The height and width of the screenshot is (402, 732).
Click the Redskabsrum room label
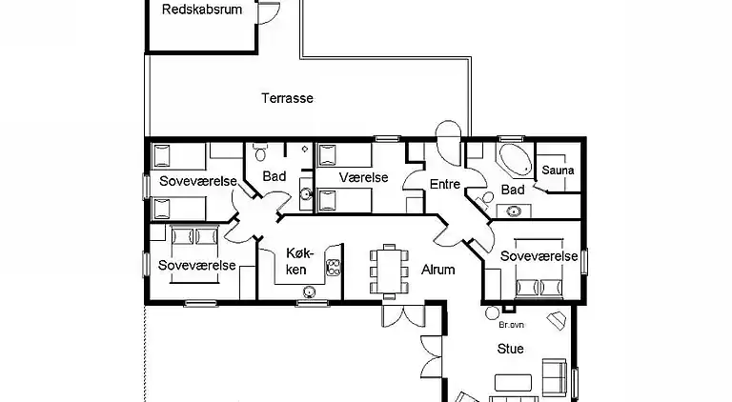click(201, 10)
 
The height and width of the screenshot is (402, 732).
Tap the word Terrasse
click(287, 97)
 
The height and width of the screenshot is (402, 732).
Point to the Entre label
click(445, 185)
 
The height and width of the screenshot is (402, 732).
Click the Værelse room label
click(360, 177)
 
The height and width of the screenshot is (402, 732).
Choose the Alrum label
click(438, 270)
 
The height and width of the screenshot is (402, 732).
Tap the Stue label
click(510, 349)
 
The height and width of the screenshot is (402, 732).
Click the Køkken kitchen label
click(295, 260)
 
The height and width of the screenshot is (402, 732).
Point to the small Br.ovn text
click(498, 324)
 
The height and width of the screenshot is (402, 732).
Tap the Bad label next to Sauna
click(512, 191)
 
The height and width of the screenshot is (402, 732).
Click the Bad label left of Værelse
click(274, 176)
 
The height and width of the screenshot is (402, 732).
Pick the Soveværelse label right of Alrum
click(539, 257)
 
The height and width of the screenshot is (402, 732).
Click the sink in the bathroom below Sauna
click(515, 211)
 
